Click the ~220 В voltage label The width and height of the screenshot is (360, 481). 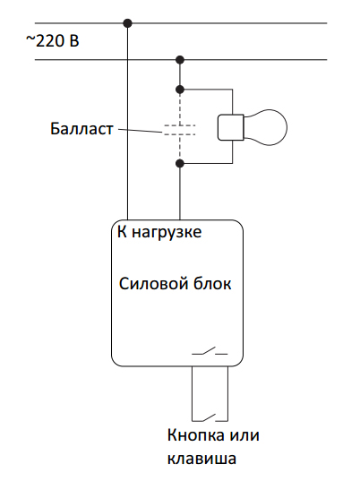[x=53, y=41]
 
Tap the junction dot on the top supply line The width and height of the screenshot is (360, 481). [x=127, y=23]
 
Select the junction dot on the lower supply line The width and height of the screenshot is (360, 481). [x=180, y=60]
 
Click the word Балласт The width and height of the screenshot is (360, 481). [x=81, y=128]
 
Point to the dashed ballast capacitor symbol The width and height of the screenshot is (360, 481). [x=180, y=130]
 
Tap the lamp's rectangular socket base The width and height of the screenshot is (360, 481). [x=230, y=127]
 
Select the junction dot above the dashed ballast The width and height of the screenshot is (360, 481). [x=180, y=90]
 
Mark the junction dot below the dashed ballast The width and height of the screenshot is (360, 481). [x=180, y=163]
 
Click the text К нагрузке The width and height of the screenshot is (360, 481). [x=159, y=232]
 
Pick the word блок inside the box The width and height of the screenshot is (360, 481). [x=212, y=284]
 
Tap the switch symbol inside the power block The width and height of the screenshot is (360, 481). [x=210, y=351]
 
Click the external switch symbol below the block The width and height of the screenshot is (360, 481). [x=210, y=417]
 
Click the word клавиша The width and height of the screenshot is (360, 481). [x=201, y=459]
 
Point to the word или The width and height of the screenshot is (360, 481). [x=244, y=435]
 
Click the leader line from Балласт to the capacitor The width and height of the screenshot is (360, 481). [x=140, y=131]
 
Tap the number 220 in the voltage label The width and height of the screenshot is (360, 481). [x=50, y=41]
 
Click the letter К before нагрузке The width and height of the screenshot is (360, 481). [x=122, y=232]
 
